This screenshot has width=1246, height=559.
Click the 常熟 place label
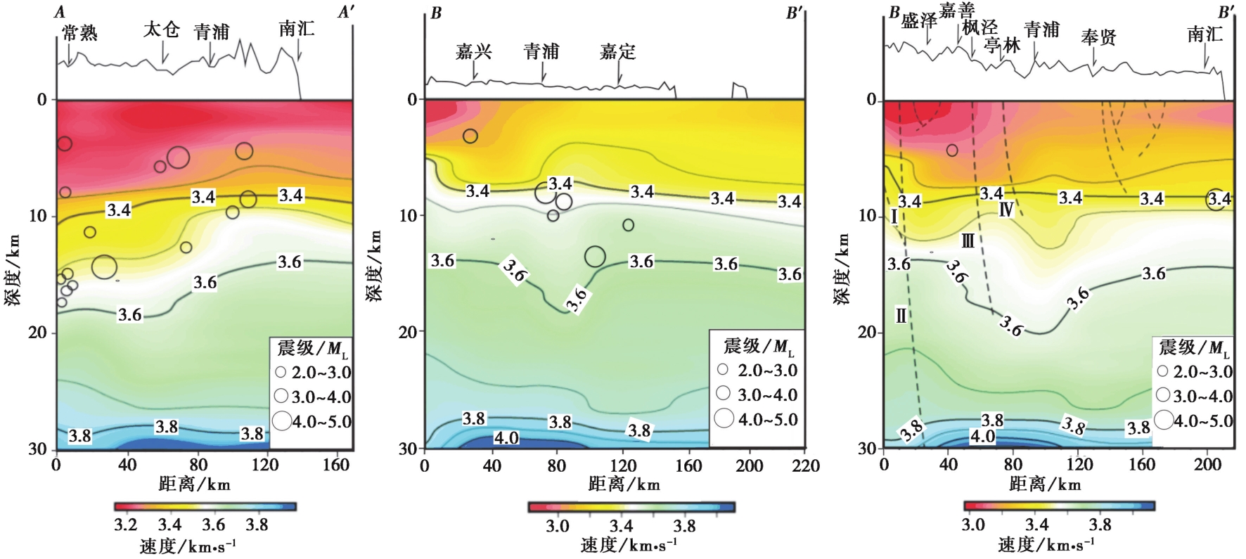coord(79,32)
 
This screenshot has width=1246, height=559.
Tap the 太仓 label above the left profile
coord(162,30)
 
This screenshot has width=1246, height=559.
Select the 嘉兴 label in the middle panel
coord(473,51)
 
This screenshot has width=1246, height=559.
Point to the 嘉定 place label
coord(617,51)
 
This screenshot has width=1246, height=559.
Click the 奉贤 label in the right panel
coord(1098,37)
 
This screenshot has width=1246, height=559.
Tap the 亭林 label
coord(1002,45)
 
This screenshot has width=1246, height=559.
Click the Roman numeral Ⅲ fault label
coord(968,241)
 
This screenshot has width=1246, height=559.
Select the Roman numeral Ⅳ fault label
coord(1006,209)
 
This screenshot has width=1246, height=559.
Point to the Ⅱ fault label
coord(901,315)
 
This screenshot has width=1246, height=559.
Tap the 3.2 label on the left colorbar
coord(125,525)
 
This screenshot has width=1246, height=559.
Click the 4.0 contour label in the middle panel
coord(506,438)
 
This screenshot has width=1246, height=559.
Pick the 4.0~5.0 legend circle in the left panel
coord(282,420)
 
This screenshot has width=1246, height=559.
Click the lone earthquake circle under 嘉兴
coord(470,136)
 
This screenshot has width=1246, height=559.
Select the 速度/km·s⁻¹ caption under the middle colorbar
coord(629,545)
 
